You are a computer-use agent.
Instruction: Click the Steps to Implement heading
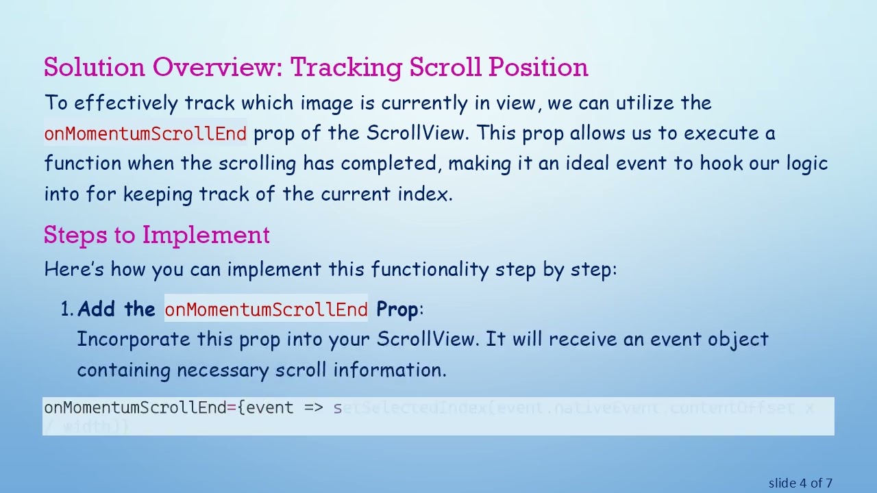pyautogui.click(x=156, y=235)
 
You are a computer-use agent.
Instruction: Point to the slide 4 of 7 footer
pyautogui.click(x=800, y=483)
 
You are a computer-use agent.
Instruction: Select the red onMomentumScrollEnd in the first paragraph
pyautogui.click(x=145, y=134)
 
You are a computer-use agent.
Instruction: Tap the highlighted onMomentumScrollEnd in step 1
pyautogui.click(x=266, y=309)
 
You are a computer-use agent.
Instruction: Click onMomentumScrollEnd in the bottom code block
pyautogui.click(x=135, y=408)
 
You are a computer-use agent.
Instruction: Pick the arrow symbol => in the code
pyautogui.click(x=314, y=408)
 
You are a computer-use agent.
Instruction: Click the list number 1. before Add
pyautogui.click(x=67, y=309)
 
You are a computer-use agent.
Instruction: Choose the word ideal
pyautogui.click(x=589, y=164)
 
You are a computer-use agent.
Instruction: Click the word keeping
pyautogui.click(x=158, y=194)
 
